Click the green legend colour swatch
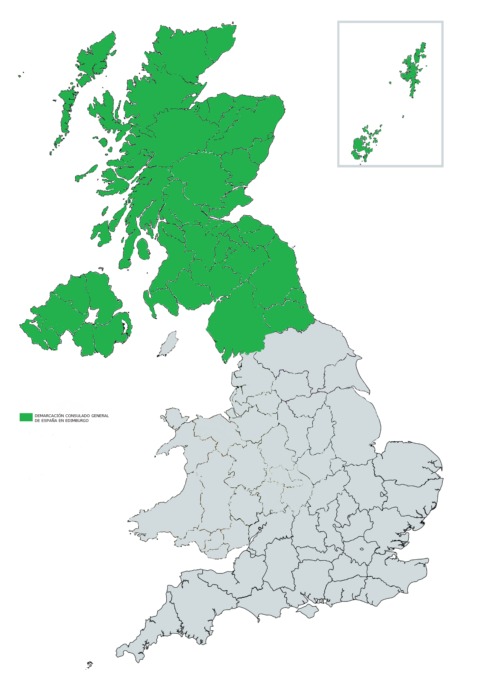26,417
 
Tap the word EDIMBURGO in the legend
77,421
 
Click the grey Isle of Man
168,344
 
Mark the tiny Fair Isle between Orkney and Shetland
403,116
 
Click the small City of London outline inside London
361,549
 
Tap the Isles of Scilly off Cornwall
90,665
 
